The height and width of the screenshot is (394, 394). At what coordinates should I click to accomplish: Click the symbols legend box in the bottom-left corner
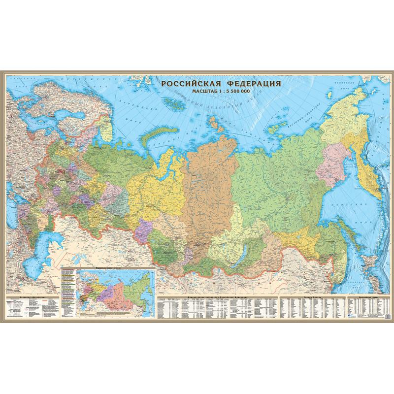pyautogui.click(x=33, y=308)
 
